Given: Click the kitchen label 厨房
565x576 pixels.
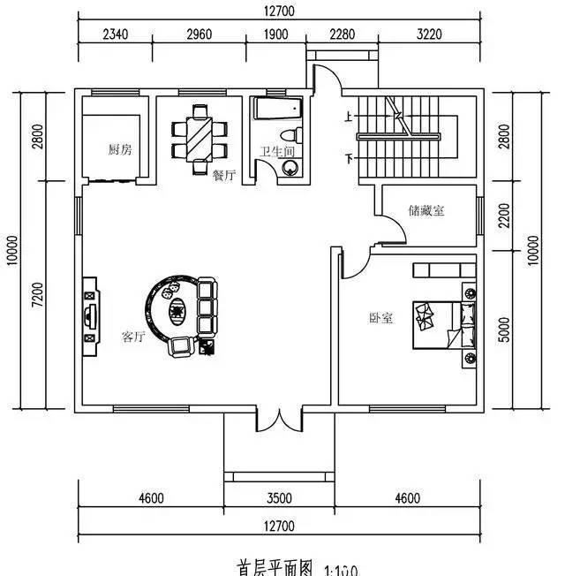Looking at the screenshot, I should point(120,149).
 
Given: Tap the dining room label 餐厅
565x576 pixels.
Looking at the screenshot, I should point(223,175).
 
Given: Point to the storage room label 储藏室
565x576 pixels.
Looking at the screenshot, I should point(426,210).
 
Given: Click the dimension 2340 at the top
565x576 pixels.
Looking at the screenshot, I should point(117,35).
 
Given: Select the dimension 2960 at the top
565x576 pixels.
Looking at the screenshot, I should point(200,35).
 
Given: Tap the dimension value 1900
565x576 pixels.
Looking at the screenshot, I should point(276,35).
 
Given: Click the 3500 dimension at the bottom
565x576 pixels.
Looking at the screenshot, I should point(279,498).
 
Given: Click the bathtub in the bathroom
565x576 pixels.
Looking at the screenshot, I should point(277,109).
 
